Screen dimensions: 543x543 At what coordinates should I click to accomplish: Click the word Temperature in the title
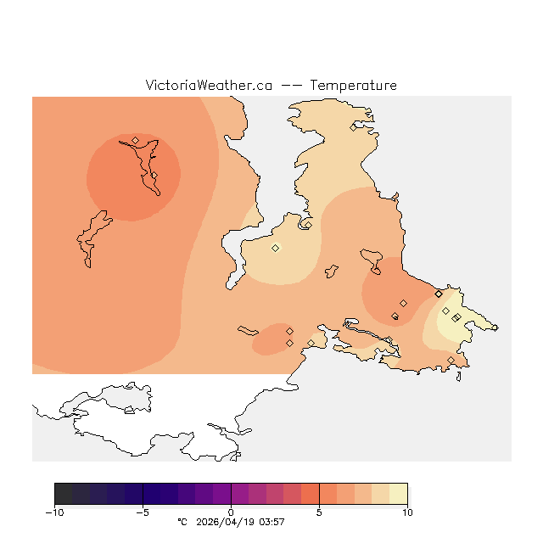[353, 86]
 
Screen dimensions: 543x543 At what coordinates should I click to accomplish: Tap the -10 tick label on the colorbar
[55, 512]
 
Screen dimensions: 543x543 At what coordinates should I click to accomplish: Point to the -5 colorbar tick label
[143, 512]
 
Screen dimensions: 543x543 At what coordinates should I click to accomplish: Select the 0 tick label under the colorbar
[231, 512]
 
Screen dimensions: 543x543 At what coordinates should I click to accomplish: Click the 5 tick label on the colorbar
[319, 512]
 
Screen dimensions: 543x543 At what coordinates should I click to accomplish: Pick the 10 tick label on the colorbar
[407, 512]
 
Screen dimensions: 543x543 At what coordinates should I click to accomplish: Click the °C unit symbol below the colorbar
[181, 522]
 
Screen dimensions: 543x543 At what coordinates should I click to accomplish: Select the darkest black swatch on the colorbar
[63, 494]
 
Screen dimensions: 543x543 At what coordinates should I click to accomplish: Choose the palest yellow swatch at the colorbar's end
[399, 494]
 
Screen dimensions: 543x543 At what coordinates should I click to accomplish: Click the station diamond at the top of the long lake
[136, 140]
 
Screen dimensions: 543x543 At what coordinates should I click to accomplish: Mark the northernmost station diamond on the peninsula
[354, 128]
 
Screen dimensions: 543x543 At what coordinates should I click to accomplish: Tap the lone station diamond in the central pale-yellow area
[275, 248]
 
